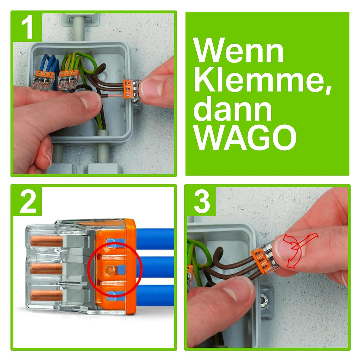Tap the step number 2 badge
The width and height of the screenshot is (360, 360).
click(x=28, y=201)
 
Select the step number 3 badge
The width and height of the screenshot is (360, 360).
click(x=202, y=201)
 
